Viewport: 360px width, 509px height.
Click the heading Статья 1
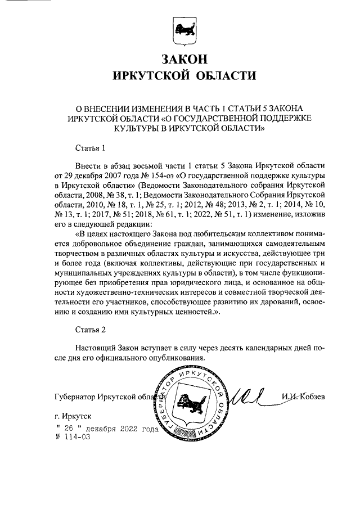pos(91,148)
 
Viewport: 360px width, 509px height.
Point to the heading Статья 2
pos(91,328)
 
